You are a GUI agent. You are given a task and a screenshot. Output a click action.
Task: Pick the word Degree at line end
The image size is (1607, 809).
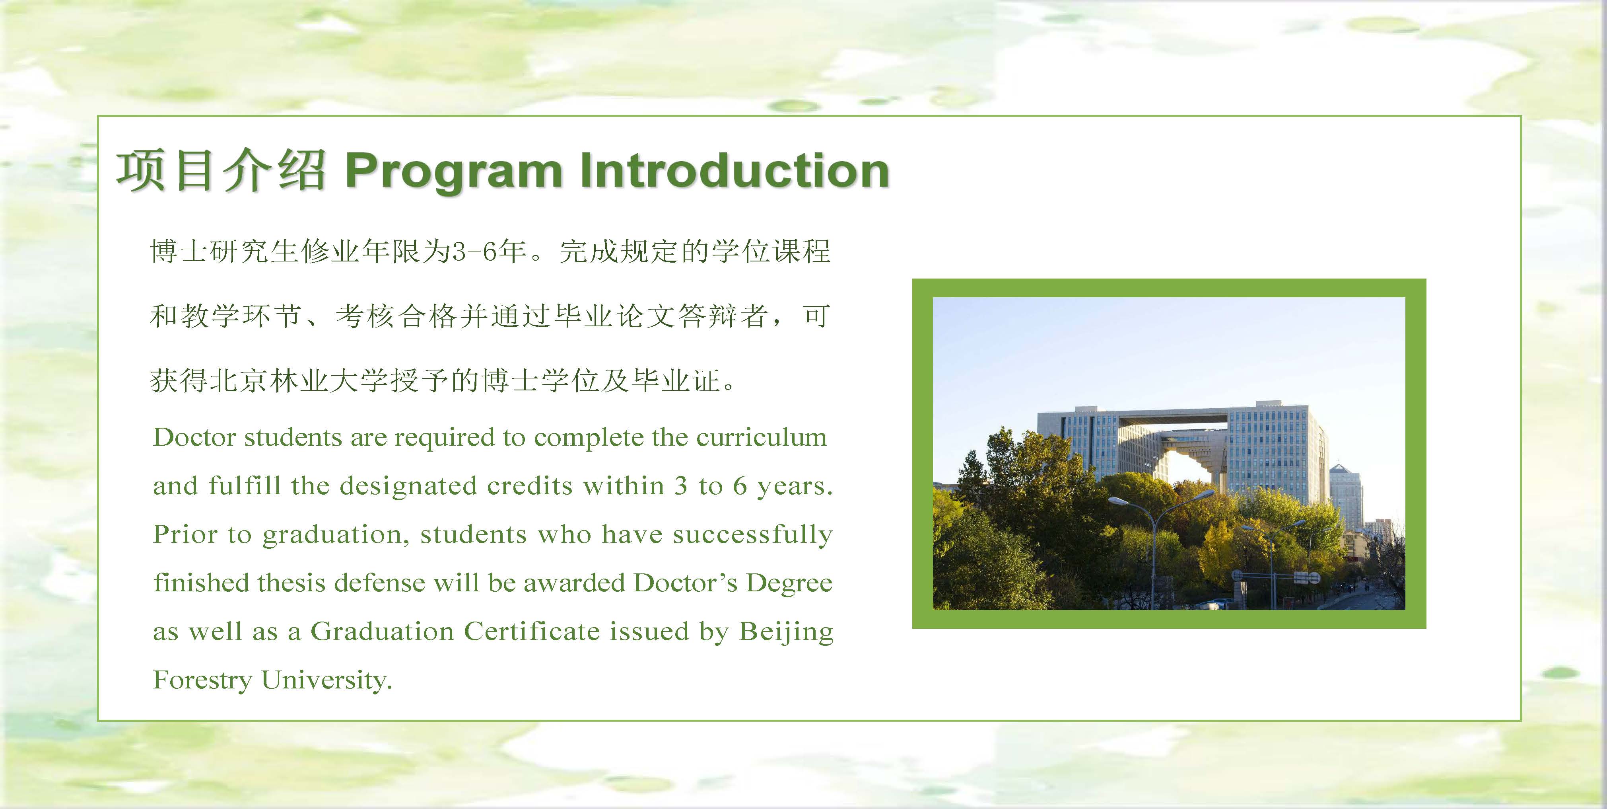789,583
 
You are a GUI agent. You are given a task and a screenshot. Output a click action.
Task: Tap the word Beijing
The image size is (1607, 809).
786,632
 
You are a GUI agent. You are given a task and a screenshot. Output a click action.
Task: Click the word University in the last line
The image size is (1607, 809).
326,680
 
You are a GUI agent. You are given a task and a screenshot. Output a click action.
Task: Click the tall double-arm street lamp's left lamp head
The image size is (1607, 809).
1118,501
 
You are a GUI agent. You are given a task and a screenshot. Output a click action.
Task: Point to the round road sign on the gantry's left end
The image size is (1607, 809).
1236,575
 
